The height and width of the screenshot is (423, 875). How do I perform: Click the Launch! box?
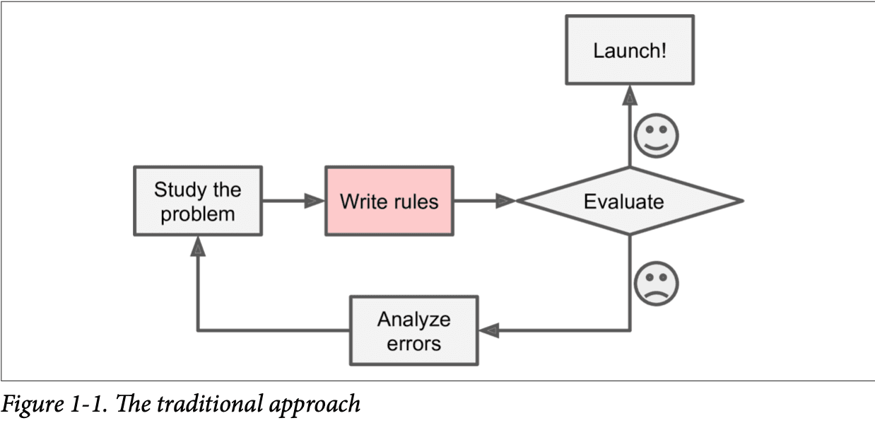point(629,51)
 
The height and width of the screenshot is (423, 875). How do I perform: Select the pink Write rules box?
point(389,201)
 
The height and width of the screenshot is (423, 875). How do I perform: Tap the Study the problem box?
point(197,201)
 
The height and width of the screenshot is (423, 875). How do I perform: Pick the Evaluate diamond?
point(629,201)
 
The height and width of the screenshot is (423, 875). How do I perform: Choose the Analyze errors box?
point(413,330)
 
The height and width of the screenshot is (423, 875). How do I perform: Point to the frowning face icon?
point(656,284)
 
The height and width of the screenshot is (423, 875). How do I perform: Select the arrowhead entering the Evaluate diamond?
point(506,201)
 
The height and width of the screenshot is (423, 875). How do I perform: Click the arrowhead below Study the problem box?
point(198,246)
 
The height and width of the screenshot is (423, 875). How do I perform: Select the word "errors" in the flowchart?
point(413,344)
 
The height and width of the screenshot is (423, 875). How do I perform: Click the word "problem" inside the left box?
point(197,214)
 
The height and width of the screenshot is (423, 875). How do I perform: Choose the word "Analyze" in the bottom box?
point(413,319)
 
